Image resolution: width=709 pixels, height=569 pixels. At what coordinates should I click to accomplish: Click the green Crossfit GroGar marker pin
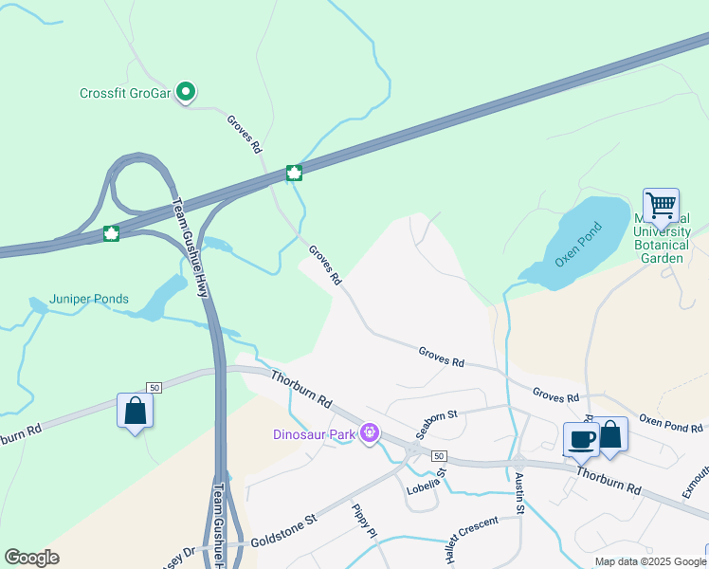coord(187,92)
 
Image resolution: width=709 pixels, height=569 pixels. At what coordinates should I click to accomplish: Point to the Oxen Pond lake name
coord(579,244)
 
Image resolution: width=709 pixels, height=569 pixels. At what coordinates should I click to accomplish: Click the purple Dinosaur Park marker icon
coord(370,434)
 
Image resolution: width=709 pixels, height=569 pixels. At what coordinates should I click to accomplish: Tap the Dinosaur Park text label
coord(314,434)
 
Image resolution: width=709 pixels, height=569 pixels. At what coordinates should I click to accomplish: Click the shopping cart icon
coord(660,204)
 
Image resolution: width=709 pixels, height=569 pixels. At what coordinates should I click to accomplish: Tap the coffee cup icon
coord(581,438)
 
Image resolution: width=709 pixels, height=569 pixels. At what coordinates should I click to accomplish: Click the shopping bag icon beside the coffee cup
coord(611,434)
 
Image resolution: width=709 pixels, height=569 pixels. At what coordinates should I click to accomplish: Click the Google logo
coord(31,558)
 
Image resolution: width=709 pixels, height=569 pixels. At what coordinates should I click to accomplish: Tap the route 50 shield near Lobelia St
coord(438,456)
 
